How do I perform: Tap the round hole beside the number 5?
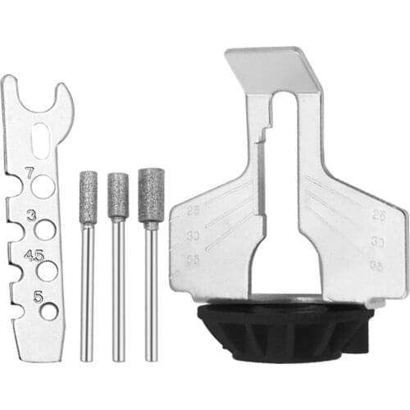tap(48, 311)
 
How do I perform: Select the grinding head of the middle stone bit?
tap(119, 195)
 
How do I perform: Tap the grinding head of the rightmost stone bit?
tap(151, 194)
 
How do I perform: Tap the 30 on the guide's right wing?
tap(378, 241)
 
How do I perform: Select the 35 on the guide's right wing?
tap(378, 266)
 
